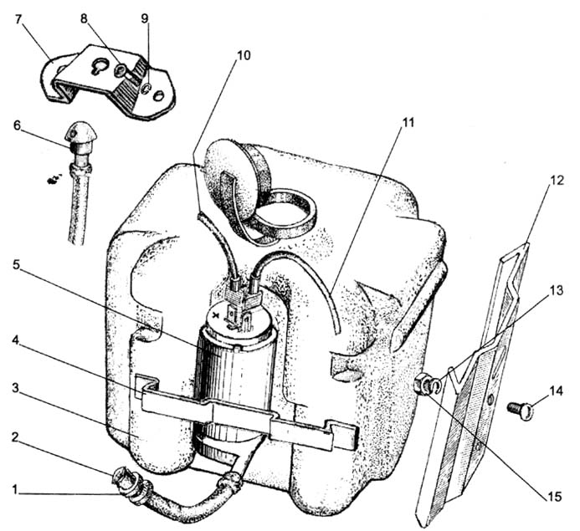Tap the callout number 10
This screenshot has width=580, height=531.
click(x=243, y=55)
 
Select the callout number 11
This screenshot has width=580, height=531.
click(x=408, y=123)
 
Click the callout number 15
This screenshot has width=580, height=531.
click(x=554, y=496)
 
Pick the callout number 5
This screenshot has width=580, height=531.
click(x=16, y=264)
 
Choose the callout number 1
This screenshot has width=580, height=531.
click(x=15, y=490)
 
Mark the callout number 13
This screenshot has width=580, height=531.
click(x=556, y=290)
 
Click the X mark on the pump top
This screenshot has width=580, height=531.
click(x=217, y=315)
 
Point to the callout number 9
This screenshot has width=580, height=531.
click(x=145, y=19)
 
